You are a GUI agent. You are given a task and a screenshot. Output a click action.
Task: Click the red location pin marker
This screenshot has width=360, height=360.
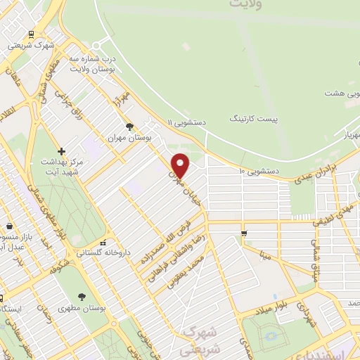point(181,165)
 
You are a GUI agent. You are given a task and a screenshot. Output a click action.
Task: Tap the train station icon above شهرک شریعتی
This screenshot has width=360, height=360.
point(31,33)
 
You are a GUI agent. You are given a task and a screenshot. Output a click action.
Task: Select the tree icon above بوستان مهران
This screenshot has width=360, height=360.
point(129,127)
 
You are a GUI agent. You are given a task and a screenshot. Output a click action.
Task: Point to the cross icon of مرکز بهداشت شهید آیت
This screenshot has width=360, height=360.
point(61,151)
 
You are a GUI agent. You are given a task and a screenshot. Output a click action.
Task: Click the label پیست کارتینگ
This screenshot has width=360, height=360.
point(254,119)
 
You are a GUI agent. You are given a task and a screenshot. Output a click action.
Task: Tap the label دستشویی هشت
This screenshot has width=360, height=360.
point(342,93)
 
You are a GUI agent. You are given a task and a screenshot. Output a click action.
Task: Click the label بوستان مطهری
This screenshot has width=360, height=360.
point(82,308)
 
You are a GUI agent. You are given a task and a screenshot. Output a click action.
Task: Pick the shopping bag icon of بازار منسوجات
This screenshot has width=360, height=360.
point(8,227)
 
